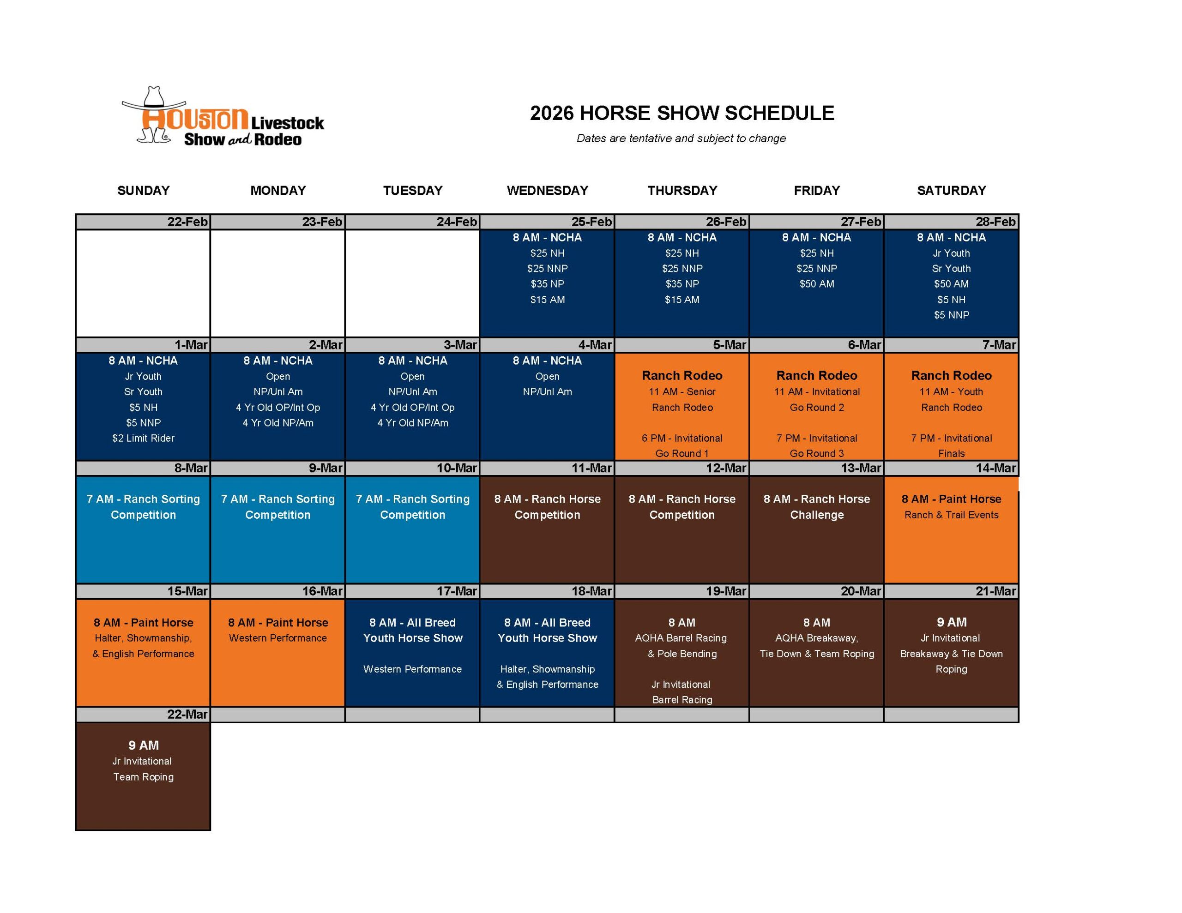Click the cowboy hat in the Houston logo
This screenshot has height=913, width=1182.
click(x=154, y=98)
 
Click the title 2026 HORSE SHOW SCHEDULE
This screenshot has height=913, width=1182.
click(x=681, y=113)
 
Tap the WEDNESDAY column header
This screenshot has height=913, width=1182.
click(x=547, y=191)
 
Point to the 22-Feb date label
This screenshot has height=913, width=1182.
click(x=187, y=222)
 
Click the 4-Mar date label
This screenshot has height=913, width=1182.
click(x=595, y=345)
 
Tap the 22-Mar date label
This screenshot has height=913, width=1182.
click(x=187, y=715)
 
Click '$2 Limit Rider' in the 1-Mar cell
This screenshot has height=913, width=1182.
click(x=144, y=438)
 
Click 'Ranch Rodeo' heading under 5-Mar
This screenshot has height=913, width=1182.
click(x=682, y=376)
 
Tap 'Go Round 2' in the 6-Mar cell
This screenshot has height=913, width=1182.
click(x=817, y=408)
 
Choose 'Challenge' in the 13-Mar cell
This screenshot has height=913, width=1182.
click(x=817, y=515)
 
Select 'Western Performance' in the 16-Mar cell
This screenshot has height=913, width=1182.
click(x=277, y=638)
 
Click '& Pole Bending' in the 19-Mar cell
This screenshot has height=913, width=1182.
click(x=682, y=654)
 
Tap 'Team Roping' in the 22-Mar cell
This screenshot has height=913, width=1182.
click(x=144, y=777)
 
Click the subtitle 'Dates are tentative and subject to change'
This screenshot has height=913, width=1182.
click(x=681, y=138)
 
